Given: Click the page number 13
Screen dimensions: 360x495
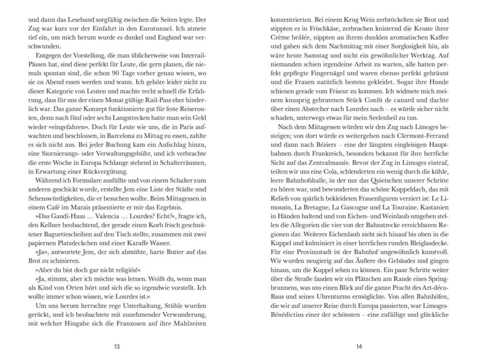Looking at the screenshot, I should [x=117, y=347].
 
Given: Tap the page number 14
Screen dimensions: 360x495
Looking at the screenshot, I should [x=358, y=347].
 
